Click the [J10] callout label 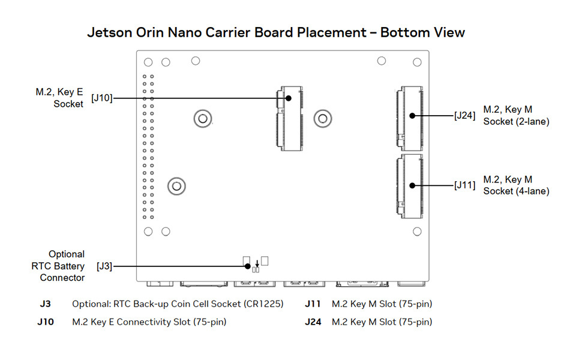click(x=101, y=98)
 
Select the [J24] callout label click(x=465, y=115)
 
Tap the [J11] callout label click(x=465, y=185)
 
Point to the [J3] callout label click(x=104, y=265)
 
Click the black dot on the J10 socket click(x=289, y=98)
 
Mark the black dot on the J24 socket click(x=413, y=115)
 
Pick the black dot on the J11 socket click(x=413, y=185)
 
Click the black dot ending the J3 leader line click(x=247, y=266)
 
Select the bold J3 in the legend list click(x=45, y=304)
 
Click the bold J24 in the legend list click(x=313, y=322)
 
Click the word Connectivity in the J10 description click(x=142, y=322)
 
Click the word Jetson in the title click(x=111, y=32)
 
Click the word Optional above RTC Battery click(x=67, y=254)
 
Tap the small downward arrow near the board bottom click(x=257, y=263)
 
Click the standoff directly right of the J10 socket click(x=323, y=118)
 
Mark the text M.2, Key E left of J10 click(x=59, y=92)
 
